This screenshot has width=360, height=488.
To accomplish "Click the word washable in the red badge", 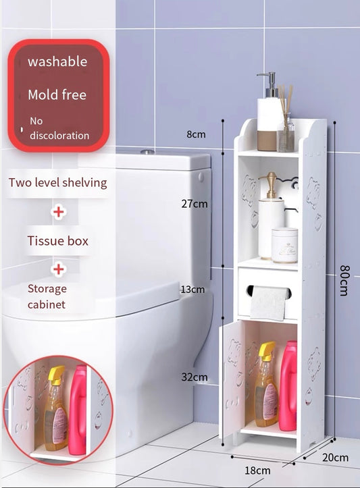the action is tap(57, 61).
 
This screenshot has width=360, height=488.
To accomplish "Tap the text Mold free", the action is tap(57, 94).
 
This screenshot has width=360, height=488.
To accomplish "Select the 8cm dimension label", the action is tap(196, 134).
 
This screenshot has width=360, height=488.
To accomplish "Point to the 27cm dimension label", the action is tap(195, 204).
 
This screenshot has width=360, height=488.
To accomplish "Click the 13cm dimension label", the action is tap(193, 290).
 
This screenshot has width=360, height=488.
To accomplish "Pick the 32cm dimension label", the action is tap(195, 377).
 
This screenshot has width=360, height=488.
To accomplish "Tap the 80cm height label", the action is tap(344, 280).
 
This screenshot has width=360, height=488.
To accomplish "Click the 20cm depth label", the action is tap(336, 458).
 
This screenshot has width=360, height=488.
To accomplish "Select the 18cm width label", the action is tap(257, 470).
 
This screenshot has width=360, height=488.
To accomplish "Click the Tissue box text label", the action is tap(58, 241).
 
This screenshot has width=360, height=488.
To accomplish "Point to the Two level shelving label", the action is tap(58, 182).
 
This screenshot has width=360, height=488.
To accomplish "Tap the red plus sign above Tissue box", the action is tap(59, 212).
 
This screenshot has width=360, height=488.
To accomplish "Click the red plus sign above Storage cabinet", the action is tap(59, 269).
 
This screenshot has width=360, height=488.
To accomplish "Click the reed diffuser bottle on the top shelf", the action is tap(286, 128).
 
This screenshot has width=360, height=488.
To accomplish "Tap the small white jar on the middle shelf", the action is tap(284, 246).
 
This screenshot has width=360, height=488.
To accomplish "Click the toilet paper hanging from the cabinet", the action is tap(268, 303).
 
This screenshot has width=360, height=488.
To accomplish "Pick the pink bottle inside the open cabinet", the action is tap(288, 385).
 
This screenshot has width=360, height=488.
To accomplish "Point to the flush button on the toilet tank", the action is tap(147, 152).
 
